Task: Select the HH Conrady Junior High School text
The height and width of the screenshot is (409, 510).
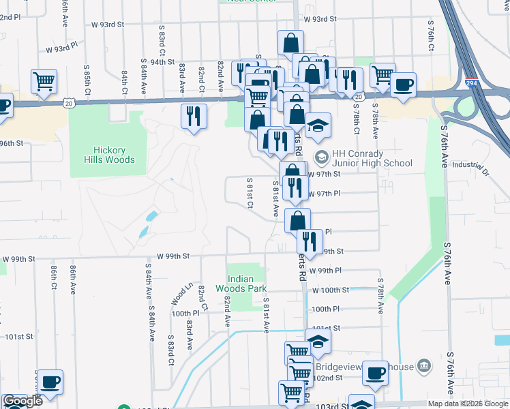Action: pos(372,158)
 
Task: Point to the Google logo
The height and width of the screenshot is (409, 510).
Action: pos(22,401)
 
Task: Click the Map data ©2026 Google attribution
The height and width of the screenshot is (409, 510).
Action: pos(468,404)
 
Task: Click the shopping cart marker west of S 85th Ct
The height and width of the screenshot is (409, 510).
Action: pos(44,80)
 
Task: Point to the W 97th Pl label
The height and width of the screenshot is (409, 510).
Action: pos(325,194)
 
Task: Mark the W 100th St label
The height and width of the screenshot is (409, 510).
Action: pos(329,290)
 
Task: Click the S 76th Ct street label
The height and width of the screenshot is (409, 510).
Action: pos(432,32)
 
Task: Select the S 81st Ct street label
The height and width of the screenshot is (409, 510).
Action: pos(250,193)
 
